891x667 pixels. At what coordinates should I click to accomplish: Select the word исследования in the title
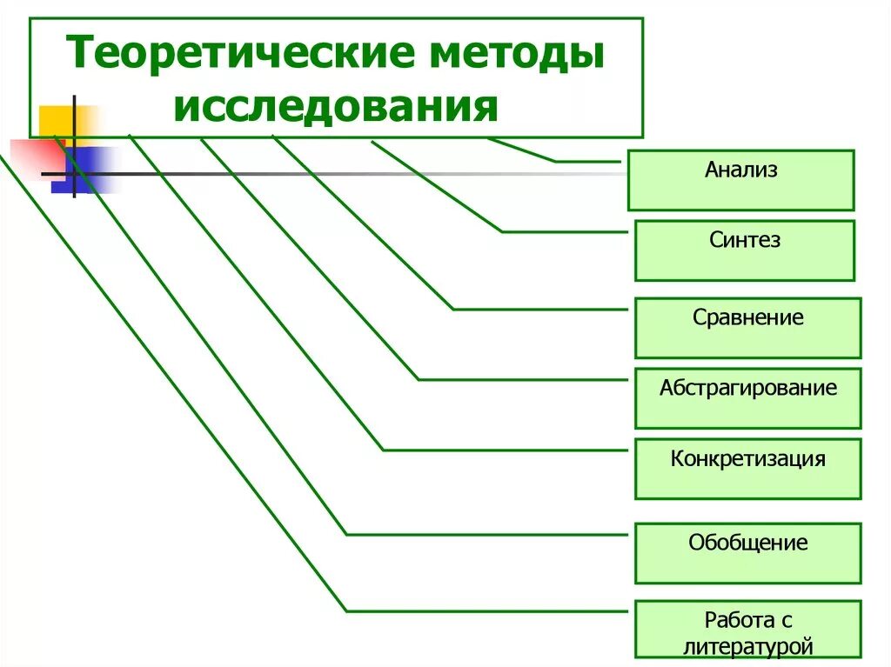click(x=336, y=108)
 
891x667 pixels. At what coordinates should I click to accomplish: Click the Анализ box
click(x=740, y=180)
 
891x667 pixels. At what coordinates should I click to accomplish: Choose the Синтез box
click(x=744, y=250)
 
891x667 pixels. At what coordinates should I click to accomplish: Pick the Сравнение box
click(x=747, y=328)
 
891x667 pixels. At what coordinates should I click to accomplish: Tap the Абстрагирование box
click(x=747, y=398)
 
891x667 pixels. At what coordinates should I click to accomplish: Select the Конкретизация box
click(x=747, y=469)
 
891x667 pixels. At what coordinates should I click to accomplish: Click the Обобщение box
click(x=747, y=553)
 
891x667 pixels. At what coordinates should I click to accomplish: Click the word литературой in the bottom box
click(x=747, y=646)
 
